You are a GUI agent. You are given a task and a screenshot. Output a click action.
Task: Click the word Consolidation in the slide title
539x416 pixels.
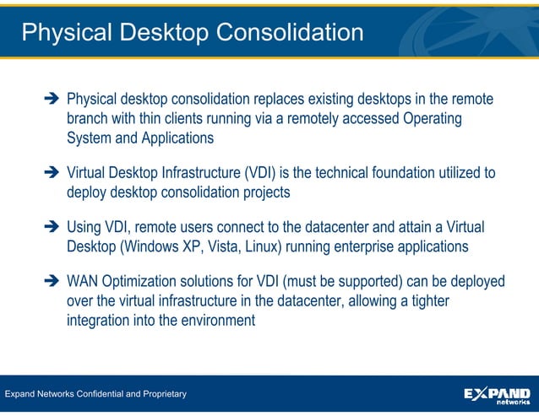(290, 32)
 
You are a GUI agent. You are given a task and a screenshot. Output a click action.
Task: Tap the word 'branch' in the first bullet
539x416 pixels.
(88, 119)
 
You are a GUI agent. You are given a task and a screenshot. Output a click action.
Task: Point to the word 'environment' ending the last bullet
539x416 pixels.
(213, 320)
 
